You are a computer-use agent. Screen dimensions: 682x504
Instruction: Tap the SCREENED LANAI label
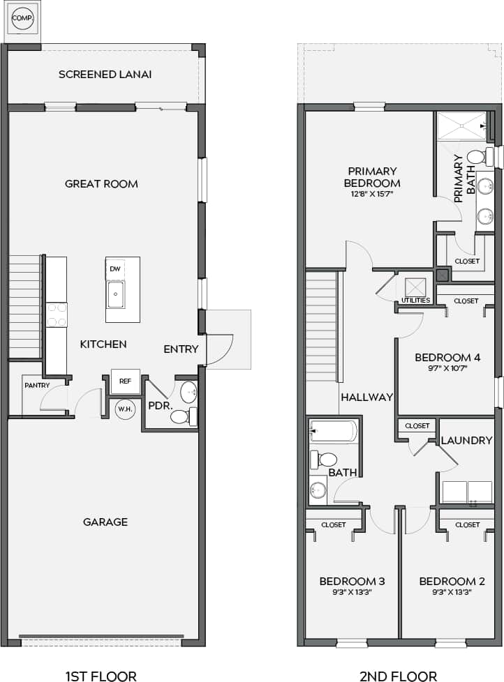pos(105,74)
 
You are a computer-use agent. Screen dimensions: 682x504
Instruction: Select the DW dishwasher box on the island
pos(115,268)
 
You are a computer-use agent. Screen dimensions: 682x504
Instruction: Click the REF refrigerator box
pos(125,381)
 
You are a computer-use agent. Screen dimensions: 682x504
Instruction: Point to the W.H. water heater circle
pos(125,409)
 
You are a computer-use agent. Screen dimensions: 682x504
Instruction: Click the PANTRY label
pos(37,385)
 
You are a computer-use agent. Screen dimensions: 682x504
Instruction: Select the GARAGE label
pos(105,522)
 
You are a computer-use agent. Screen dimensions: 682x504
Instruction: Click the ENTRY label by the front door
pos(181,349)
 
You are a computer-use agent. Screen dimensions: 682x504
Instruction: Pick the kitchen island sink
pos(116,294)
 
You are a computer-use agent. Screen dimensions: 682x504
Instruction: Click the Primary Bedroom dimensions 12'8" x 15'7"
pos(372,195)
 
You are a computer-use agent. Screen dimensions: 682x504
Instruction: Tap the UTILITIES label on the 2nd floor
pos(415,301)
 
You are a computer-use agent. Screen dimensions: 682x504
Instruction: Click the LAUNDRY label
pos(466,440)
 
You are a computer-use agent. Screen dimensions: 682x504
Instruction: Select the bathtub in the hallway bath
pos(334,432)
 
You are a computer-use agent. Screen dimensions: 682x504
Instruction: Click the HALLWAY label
pos(366,397)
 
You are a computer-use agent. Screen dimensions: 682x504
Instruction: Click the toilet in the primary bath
pos(477,156)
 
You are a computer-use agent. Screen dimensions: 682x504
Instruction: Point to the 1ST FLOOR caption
pos(101,675)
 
